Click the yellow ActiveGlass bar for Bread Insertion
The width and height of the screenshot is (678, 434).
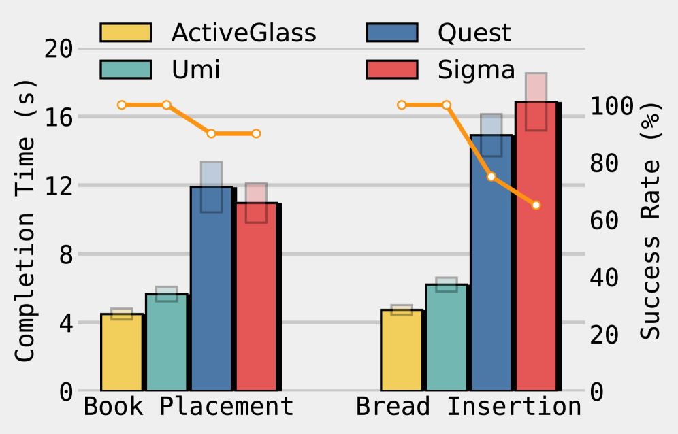pyautogui.click(x=402, y=350)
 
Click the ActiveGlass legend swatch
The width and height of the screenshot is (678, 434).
pyautogui.click(x=125, y=32)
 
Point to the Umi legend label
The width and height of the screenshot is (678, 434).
pyautogui.click(x=196, y=69)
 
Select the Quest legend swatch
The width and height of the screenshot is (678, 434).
pyautogui.click(x=391, y=32)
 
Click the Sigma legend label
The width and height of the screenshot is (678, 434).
pyautogui.click(x=477, y=69)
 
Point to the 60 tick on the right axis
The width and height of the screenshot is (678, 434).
pyautogui.click(x=604, y=220)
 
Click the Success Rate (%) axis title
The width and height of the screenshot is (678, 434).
pyautogui.click(x=651, y=221)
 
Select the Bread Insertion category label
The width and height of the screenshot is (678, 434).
pyautogui.click(x=469, y=406)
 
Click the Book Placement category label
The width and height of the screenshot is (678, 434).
pyautogui.click(x=189, y=406)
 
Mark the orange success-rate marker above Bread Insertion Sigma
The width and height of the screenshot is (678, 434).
pyautogui.click(x=536, y=205)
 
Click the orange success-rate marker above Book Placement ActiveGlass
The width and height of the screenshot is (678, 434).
pyautogui.click(x=122, y=105)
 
